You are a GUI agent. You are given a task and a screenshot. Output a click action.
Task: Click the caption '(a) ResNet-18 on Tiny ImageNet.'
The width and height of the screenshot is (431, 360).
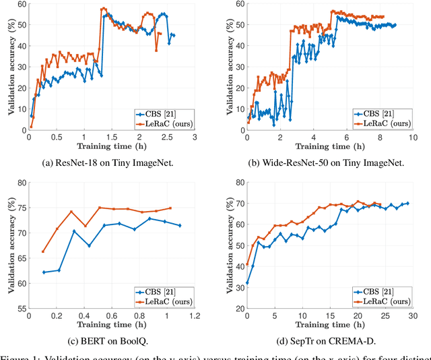click(111, 163)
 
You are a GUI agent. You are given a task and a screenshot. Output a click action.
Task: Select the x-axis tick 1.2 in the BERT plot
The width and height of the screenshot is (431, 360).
click(195, 316)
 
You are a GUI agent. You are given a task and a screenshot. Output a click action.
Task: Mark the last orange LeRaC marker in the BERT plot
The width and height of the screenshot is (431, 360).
click(170, 208)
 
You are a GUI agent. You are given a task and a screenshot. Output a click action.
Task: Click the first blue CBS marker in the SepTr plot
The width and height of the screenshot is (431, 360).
click(247, 283)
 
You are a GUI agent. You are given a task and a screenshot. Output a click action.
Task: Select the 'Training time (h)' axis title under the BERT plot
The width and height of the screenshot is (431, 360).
click(111, 324)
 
